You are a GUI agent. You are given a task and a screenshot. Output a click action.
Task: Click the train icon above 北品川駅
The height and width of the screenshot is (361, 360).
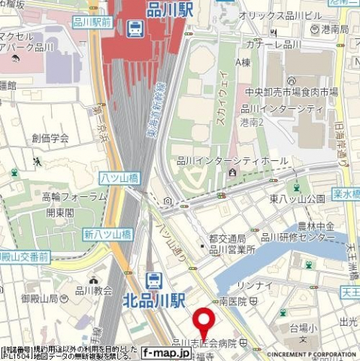tap(154, 281)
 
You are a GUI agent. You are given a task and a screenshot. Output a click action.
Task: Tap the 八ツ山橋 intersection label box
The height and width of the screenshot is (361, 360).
tap(119, 177)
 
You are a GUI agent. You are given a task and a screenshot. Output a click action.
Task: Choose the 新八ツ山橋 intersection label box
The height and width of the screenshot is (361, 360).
tap(108, 234)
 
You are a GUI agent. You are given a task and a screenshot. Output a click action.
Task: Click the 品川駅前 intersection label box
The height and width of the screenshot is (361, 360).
tap(92, 23)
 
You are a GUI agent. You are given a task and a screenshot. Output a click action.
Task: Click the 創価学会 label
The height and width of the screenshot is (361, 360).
tap(50, 138)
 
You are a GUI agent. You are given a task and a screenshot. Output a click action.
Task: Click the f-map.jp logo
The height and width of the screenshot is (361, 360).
tap(166, 352)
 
